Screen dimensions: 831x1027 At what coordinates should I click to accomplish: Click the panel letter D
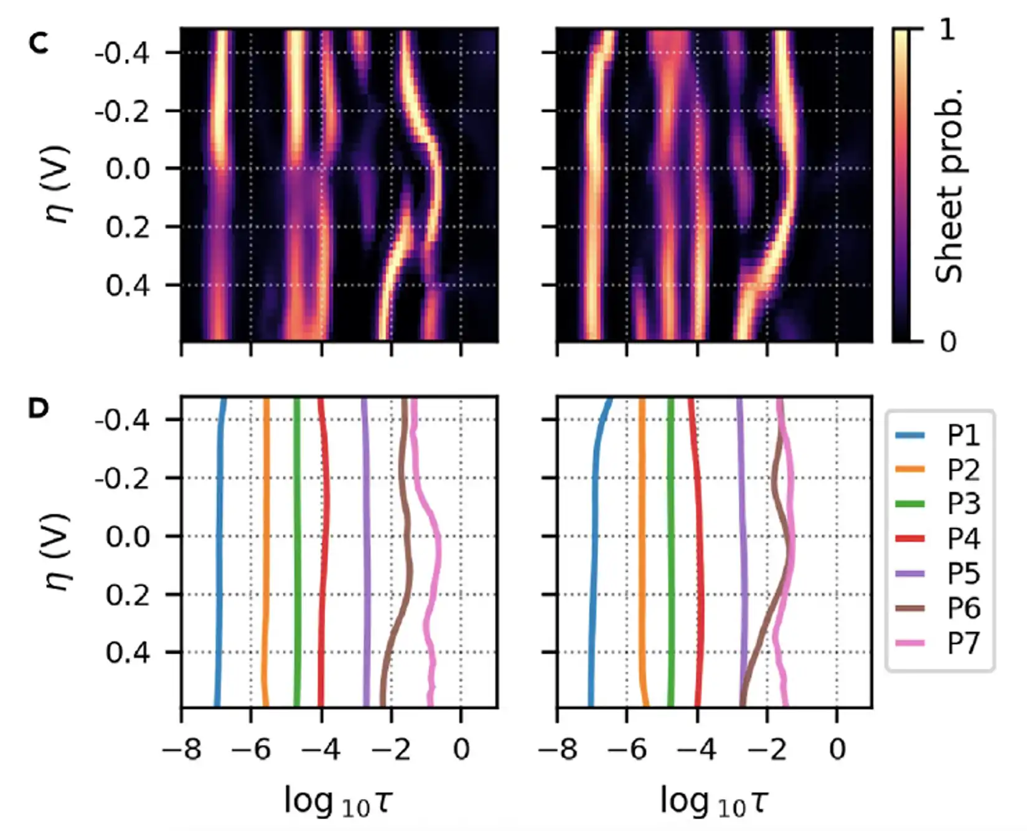point(39,409)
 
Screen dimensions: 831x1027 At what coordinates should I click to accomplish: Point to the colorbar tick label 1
point(947,30)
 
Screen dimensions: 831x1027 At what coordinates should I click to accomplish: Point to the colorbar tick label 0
point(947,342)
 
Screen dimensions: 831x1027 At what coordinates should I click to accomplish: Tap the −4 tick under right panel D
point(696,750)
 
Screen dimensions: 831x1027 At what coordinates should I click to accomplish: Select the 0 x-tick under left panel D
point(461,750)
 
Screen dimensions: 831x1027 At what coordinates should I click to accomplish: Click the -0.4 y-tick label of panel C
point(122,53)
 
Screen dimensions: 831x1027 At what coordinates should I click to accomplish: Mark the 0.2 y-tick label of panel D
point(128,595)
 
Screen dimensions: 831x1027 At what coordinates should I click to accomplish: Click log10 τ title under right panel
point(714,802)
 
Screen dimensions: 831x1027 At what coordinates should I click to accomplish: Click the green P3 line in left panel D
point(297,560)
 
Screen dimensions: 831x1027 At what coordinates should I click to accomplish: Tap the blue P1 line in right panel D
point(594,560)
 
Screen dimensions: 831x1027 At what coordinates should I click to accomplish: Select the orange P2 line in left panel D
point(266,560)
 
